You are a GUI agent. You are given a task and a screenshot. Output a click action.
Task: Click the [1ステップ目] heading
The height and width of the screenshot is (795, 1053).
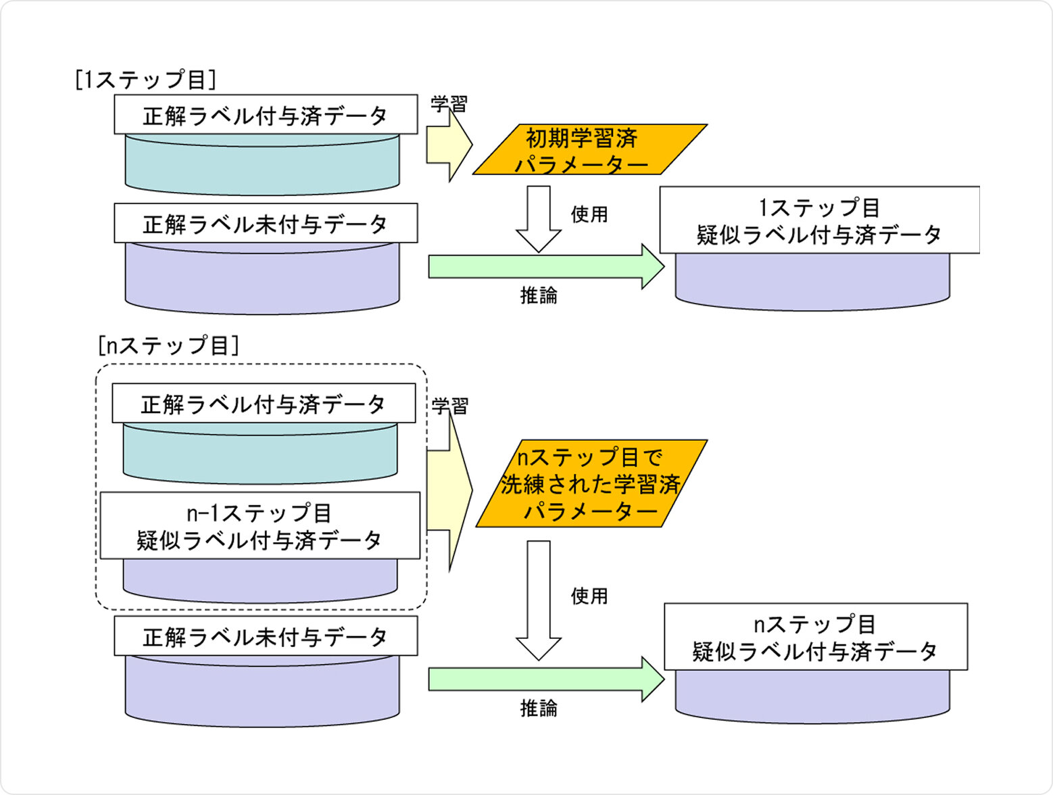pos(145,80)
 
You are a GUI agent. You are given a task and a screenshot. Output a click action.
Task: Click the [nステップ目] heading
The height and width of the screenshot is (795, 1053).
pos(168,345)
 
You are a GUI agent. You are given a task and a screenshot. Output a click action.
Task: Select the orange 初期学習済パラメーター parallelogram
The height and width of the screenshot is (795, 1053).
pos(588,150)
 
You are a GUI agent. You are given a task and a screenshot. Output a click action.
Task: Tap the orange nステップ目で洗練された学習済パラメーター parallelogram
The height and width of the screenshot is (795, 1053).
pos(591,484)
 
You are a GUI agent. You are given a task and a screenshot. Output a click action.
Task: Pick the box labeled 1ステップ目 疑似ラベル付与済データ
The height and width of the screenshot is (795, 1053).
pos(819,221)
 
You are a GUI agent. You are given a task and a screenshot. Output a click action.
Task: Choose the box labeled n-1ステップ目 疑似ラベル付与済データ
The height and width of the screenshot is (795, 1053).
pos(260,526)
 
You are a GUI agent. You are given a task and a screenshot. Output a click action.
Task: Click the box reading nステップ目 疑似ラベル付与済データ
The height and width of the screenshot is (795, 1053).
pos(815,637)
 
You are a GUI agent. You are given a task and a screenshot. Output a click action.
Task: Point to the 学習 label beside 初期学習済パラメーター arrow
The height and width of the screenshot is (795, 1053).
pos(449,104)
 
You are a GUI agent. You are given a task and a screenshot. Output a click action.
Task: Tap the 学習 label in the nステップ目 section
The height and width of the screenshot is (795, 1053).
pos(449,406)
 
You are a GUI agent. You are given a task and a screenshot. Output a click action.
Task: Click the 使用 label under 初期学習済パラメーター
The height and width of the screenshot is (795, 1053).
pos(589,214)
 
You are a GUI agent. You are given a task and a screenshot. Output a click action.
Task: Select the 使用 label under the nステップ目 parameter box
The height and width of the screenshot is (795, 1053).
pos(589,596)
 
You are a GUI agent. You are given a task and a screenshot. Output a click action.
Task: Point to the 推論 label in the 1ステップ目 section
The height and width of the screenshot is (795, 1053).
pos(539,295)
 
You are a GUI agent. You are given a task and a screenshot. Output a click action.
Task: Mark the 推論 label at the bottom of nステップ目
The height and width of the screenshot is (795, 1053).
pos(539,708)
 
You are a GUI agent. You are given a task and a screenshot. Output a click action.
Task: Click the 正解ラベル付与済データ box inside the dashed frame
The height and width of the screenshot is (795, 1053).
pos(264,404)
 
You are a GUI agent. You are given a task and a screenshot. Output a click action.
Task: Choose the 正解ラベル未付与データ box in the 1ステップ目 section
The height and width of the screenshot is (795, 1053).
pos(266,224)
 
